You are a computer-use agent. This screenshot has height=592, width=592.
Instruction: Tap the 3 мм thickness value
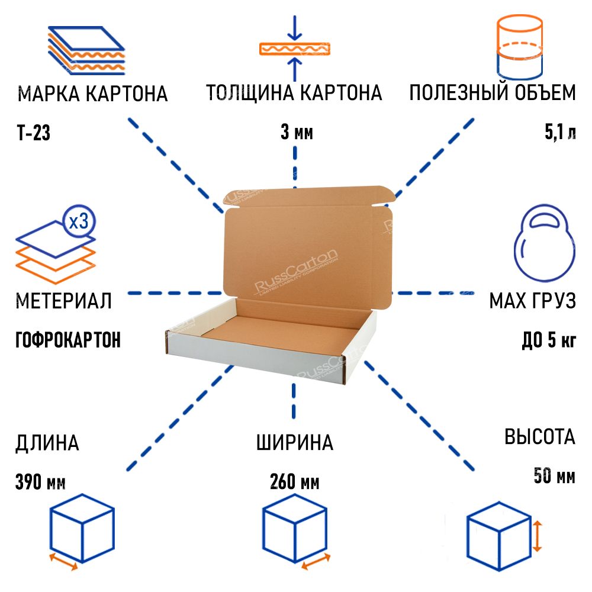[x=297, y=133]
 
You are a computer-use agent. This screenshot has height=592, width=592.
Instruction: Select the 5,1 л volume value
[x=559, y=133]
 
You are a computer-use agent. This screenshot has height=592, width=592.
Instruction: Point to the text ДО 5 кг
[x=549, y=340]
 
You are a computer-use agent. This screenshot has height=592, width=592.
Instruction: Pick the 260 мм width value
[x=294, y=482]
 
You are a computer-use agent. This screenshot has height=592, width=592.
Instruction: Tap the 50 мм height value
[x=554, y=475]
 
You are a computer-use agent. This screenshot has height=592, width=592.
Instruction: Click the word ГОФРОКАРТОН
[x=67, y=340]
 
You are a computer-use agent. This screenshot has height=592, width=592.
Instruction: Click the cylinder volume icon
[x=519, y=47]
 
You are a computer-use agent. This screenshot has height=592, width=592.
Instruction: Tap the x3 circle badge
[x=78, y=223]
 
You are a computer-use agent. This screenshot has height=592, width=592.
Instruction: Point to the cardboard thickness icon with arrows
[x=295, y=49]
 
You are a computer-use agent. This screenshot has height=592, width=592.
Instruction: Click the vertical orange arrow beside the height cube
[x=537, y=536]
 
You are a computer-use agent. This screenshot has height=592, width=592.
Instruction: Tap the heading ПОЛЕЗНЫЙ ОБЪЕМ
[x=492, y=94]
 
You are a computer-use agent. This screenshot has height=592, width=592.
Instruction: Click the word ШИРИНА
[x=294, y=442]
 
